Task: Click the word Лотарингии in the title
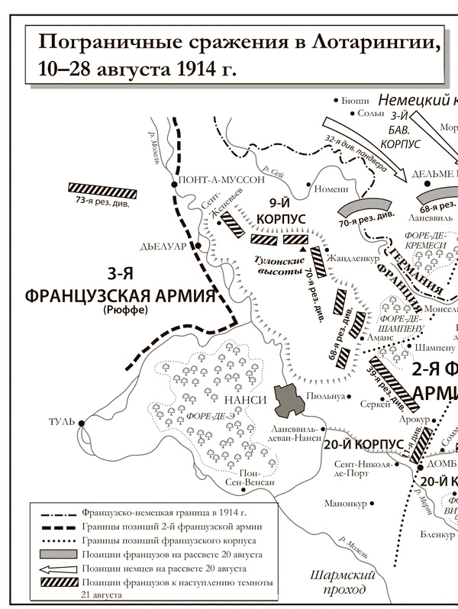(376, 41)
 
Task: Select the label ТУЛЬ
(62, 422)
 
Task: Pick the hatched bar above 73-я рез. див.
(102, 188)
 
